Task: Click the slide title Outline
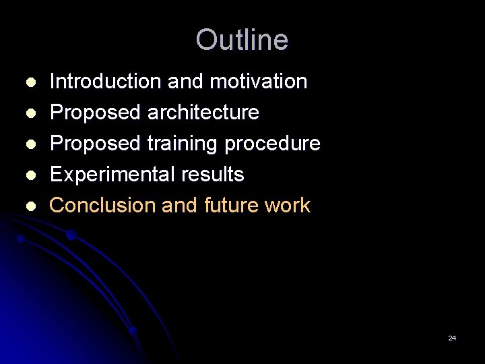point(242,40)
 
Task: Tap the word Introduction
point(106,82)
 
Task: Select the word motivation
point(259,82)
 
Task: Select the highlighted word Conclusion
point(103,206)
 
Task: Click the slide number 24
point(452,338)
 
